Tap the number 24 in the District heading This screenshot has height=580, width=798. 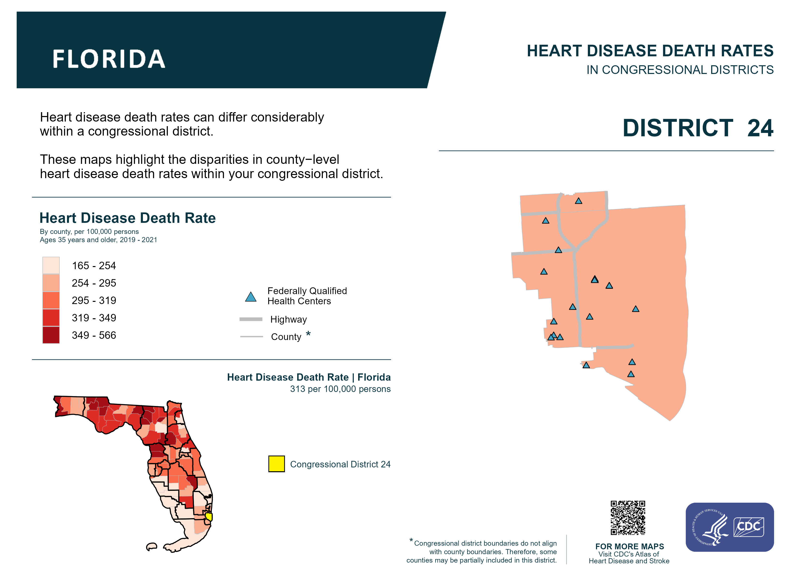tap(760, 128)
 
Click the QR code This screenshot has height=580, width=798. tap(628, 518)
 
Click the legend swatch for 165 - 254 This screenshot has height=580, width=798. tap(51, 265)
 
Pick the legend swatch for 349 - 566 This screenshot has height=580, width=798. tap(51, 335)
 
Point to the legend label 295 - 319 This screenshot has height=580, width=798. tap(94, 300)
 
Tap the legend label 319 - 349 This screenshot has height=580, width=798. tap(94, 318)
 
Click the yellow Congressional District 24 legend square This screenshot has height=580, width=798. tap(277, 464)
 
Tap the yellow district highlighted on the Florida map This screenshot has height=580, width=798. tap(209, 516)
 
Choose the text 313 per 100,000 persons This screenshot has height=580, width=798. tap(340, 389)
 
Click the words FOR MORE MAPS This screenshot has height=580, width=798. tap(629, 546)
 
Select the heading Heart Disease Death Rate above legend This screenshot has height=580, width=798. tap(127, 218)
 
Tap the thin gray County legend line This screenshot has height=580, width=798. tap(251, 337)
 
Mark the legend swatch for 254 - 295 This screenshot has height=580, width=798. tap(51, 283)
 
